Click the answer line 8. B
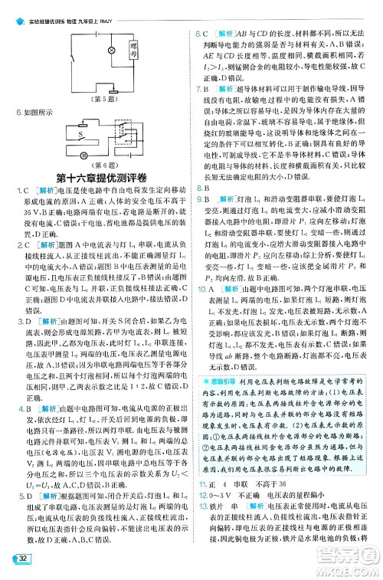click(x=203, y=188)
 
